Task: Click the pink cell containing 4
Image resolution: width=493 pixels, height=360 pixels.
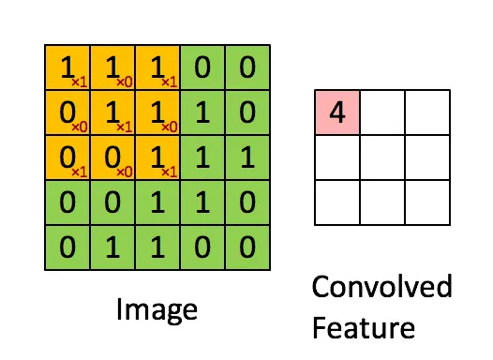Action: (x=336, y=113)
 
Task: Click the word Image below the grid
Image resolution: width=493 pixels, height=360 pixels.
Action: (x=158, y=308)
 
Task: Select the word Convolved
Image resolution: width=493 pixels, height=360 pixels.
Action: (x=381, y=286)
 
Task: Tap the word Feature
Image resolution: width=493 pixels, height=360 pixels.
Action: (x=364, y=327)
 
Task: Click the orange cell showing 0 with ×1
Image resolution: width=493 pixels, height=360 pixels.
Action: (x=67, y=158)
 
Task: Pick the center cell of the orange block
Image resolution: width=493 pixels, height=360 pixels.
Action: (x=112, y=112)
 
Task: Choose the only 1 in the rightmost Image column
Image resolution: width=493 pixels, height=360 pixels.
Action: (x=247, y=158)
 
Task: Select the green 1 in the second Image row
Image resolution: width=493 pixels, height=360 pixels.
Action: (x=202, y=112)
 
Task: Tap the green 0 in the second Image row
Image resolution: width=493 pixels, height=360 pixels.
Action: (x=247, y=112)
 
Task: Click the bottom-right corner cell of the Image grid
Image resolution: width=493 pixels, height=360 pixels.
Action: (x=247, y=248)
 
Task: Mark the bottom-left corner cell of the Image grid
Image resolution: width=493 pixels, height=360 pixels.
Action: (x=67, y=248)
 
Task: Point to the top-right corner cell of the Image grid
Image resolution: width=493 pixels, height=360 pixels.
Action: (x=247, y=67)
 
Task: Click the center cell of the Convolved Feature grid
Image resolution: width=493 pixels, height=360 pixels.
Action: (x=381, y=157)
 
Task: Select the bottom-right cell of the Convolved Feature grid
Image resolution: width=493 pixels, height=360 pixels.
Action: (x=426, y=202)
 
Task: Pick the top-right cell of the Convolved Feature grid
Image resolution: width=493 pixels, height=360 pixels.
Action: (x=426, y=113)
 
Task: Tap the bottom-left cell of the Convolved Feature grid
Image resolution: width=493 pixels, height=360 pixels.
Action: (x=336, y=202)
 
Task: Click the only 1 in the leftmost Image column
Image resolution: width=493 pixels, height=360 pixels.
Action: (x=67, y=67)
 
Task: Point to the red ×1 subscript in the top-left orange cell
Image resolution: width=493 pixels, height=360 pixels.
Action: (x=79, y=82)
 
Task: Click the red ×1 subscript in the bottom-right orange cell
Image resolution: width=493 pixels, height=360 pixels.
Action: (x=169, y=172)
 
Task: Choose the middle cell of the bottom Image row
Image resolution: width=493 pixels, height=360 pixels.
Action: (x=157, y=248)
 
